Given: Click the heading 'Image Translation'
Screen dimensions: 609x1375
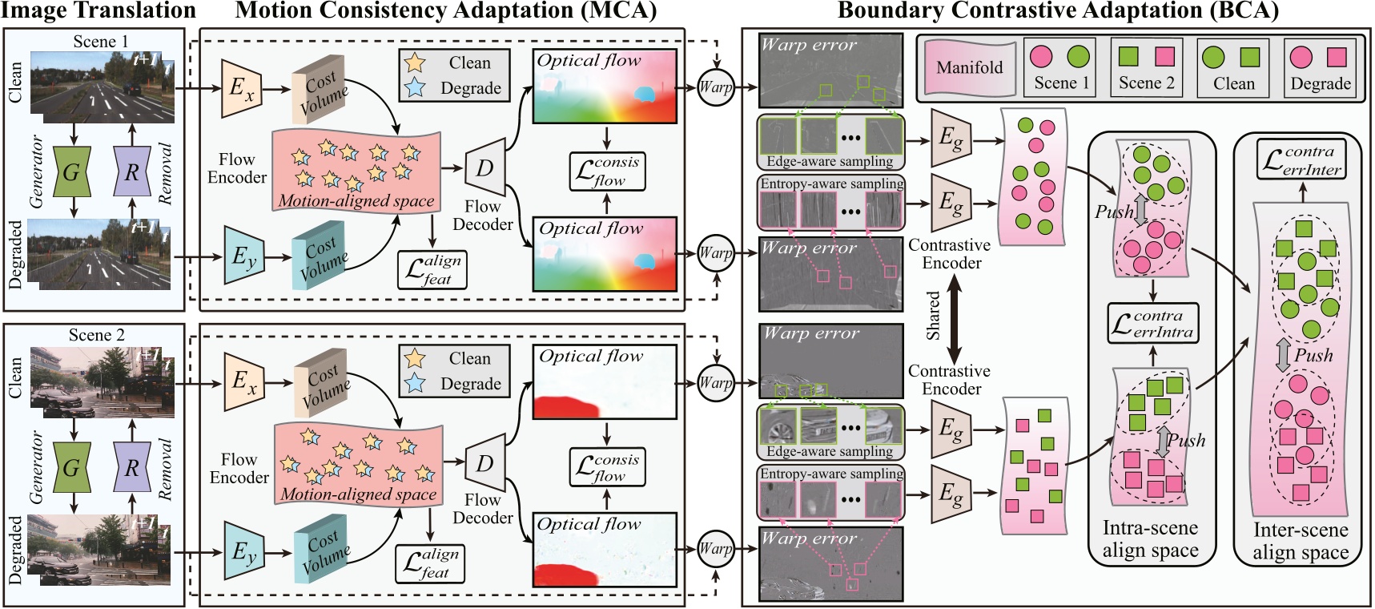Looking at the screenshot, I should [x=99, y=10].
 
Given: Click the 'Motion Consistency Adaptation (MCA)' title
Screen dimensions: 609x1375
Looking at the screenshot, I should [x=445, y=10].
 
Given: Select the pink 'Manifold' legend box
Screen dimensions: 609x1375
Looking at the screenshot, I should [x=969, y=67].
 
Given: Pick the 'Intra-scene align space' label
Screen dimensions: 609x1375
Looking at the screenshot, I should [x=1151, y=539].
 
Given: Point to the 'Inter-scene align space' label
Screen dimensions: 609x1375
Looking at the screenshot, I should [x=1301, y=541].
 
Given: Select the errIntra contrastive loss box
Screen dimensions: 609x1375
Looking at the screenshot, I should [x=1153, y=323].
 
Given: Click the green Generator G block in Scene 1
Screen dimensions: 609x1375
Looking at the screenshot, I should [x=72, y=171].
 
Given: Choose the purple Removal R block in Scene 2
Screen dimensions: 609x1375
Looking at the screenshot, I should [x=132, y=467].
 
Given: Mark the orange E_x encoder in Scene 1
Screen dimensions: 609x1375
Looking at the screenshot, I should [x=242, y=87].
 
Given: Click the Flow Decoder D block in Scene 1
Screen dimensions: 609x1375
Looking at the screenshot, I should [x=485, y=168].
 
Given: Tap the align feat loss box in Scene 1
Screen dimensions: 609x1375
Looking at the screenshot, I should [x=432, y=270].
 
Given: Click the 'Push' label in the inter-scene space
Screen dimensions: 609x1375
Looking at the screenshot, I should [x=1313, y=355].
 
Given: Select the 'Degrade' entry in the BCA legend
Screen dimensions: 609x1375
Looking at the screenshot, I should [x=1320, y=68].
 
